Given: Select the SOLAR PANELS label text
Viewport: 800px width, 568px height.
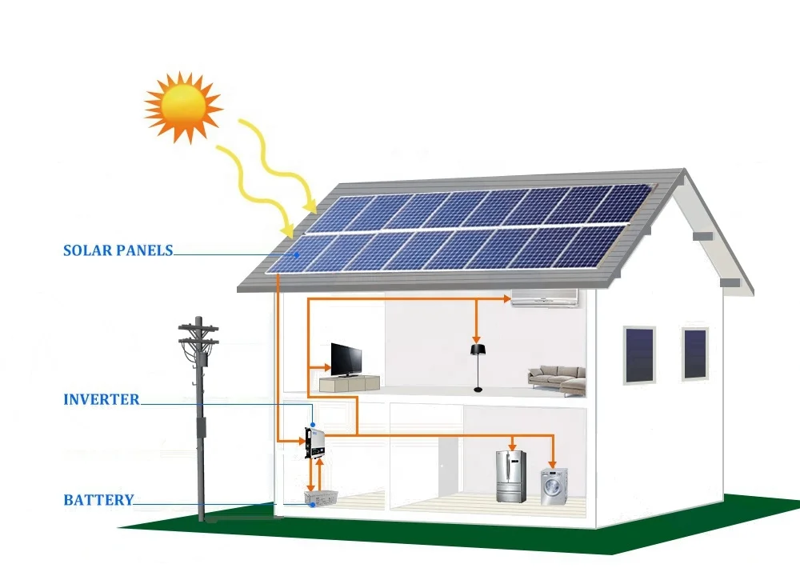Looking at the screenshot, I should [x=118, y=250].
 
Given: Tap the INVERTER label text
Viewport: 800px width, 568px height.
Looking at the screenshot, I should [x=101, y=399].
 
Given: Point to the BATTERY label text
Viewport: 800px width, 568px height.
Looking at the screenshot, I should [x=98, y=500].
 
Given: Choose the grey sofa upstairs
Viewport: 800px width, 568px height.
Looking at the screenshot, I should [x=556, y=378].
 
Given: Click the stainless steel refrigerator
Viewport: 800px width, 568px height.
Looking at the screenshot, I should [x=510, y=475].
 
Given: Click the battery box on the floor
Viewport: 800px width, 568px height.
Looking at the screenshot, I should [x=319, y=498].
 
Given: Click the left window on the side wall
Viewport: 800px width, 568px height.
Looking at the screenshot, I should [x=638, y=354].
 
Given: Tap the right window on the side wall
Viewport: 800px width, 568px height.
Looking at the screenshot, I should [x=695, y=353].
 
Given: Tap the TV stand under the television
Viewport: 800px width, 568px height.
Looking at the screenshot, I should [x=350, y=383].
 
